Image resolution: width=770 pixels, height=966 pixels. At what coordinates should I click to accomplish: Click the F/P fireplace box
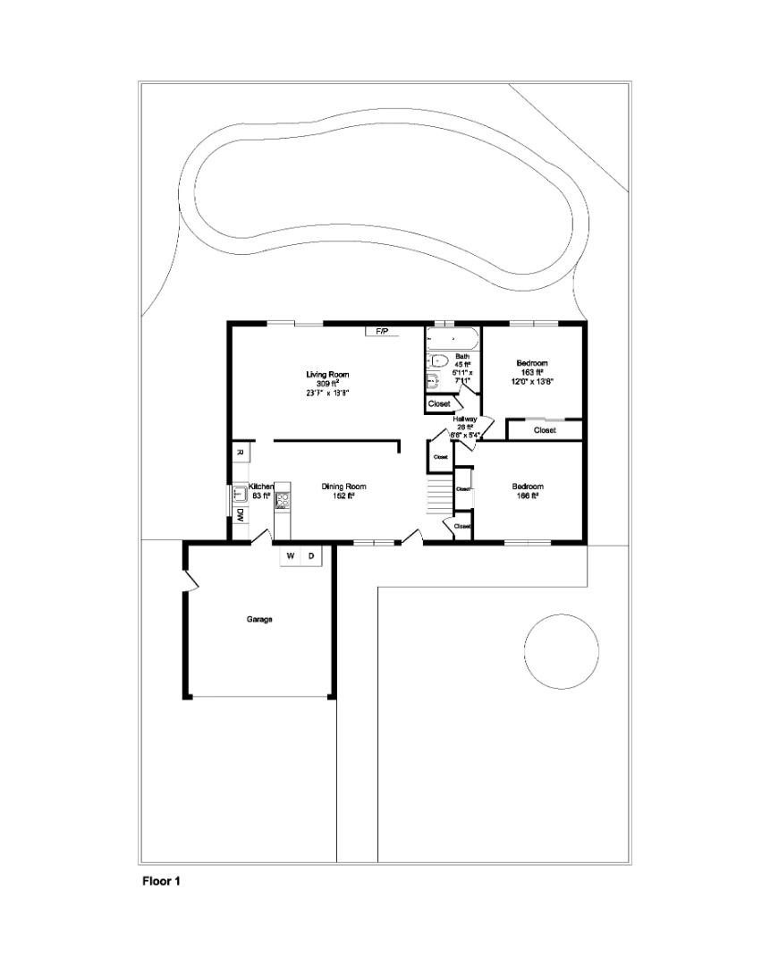click(382, 332)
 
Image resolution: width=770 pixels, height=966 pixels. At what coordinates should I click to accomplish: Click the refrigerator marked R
click(240, 453)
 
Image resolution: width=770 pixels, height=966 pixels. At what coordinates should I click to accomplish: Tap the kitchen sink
click(240, 493)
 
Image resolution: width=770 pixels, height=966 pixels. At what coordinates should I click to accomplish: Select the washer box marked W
click(291, 556)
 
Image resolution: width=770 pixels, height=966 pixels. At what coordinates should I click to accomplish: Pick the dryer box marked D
click(311, 556)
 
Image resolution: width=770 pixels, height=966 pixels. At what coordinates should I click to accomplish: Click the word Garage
click(259, 619)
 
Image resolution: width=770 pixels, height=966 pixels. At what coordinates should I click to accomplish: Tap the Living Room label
click(327, 374)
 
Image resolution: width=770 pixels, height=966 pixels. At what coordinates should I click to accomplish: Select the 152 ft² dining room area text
click(343, 496)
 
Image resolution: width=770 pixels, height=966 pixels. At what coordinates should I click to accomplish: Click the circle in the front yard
click(561, 650)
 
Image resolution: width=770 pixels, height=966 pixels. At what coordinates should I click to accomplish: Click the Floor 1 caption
click(162, 881)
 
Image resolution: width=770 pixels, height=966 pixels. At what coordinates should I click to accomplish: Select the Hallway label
click(465, 419)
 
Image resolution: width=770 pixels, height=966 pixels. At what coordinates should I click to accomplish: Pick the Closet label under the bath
click(439, 404)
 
